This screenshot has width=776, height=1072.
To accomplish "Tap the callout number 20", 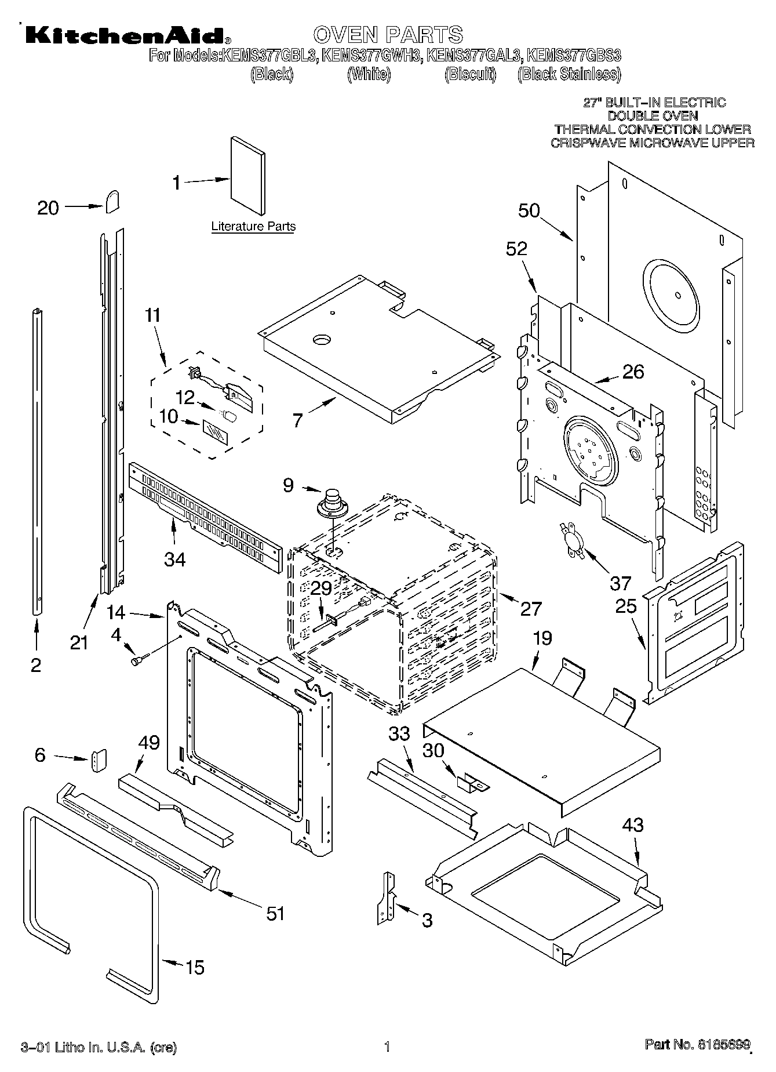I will coord(48,208).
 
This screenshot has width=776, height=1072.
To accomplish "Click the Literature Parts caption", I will coord(253,227).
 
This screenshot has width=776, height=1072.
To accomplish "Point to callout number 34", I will coord(174,559).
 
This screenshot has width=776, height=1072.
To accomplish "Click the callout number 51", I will coord(275,913).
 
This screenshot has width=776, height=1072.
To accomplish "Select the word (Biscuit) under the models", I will coord(471,74).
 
